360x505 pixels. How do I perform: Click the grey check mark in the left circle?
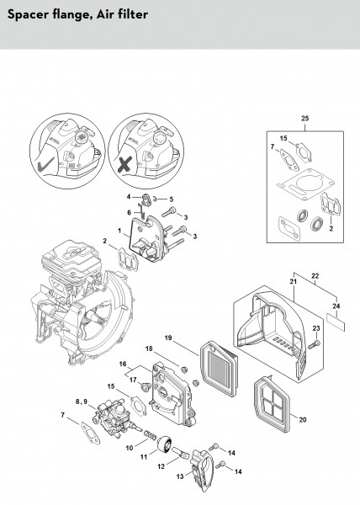pos(45,165)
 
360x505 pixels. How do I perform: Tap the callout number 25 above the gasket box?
pos(305,118)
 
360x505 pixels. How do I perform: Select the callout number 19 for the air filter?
pos(168,338)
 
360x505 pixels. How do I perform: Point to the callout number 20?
pos(303,420)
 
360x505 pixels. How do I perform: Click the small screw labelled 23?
pos(314,344)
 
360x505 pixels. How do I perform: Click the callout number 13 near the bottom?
pos(180,476)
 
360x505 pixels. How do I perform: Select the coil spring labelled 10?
pos(151,435)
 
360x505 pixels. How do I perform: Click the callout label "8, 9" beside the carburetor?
pos(82,401)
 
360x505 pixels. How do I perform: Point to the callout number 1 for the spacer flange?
pos(119,231)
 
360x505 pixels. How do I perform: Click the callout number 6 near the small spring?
pos(130,213)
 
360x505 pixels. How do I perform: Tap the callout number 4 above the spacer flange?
pos(129,196)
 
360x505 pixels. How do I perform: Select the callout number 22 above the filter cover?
pos(315,276)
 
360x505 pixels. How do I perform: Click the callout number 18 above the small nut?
pos(149,348)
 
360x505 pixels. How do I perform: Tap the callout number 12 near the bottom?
pos(161,466)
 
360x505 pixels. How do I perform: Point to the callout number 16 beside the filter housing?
pos(123,364)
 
